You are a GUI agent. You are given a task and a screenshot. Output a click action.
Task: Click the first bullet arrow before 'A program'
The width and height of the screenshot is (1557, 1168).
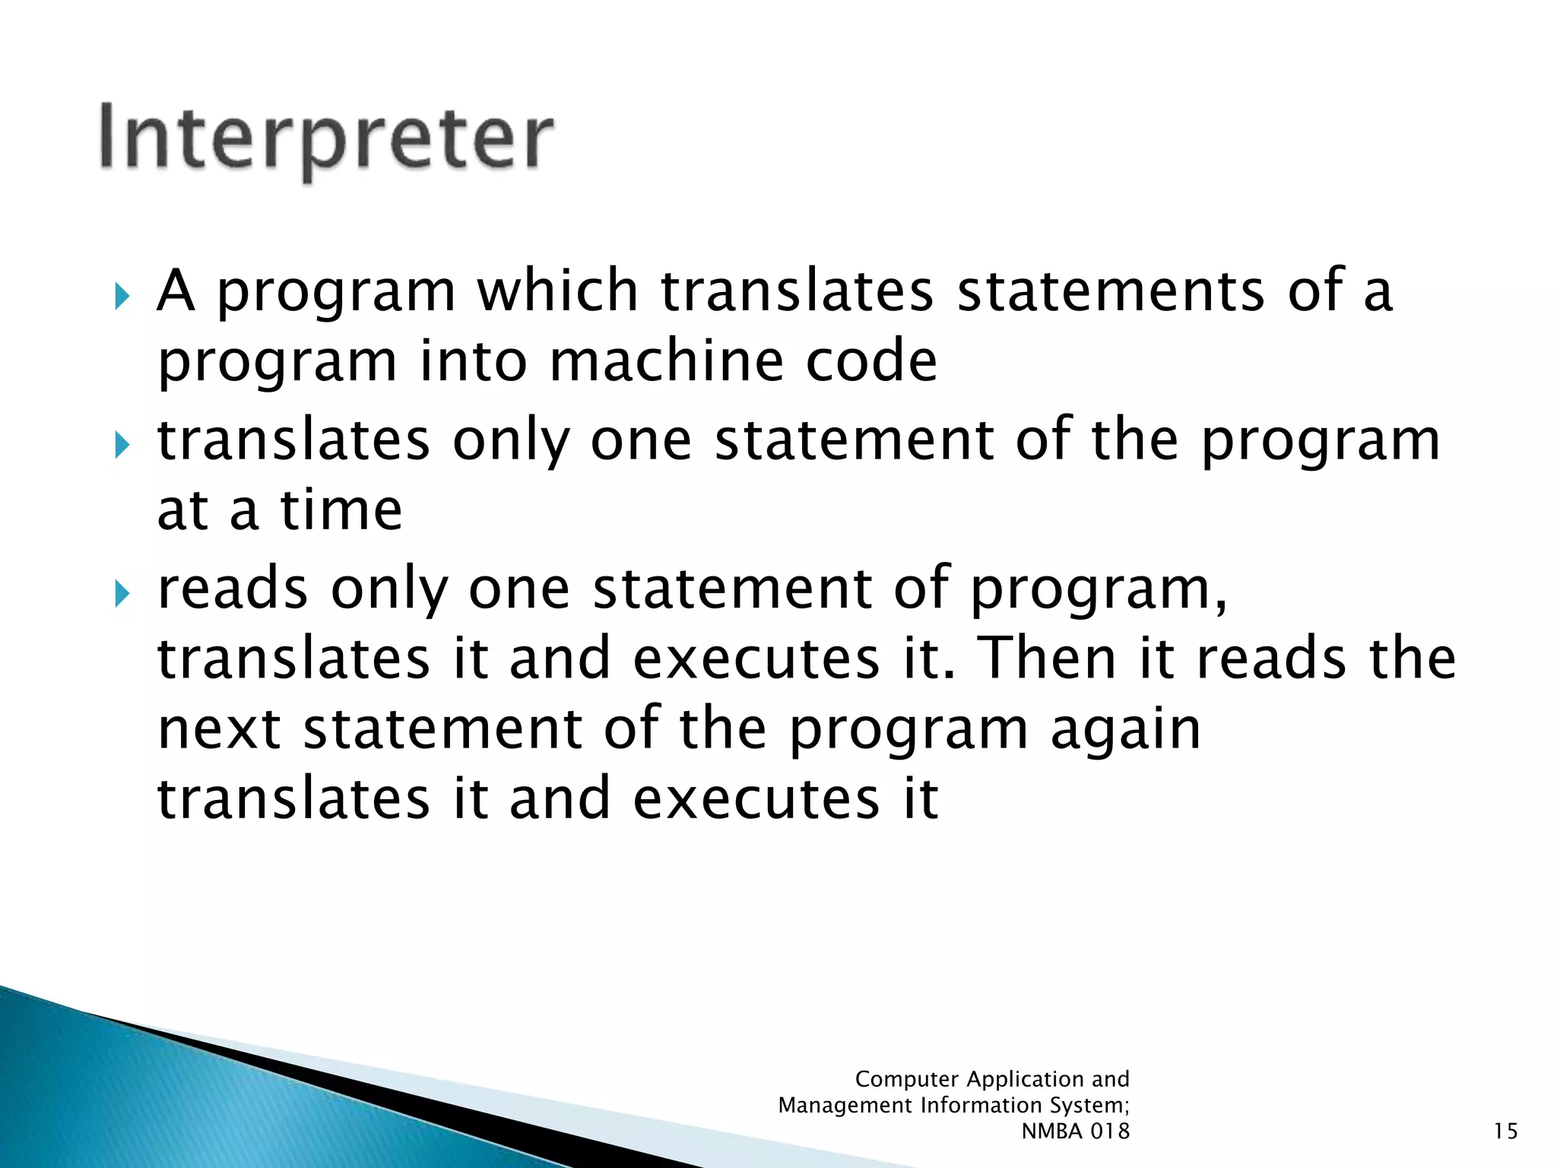tap(122, 297)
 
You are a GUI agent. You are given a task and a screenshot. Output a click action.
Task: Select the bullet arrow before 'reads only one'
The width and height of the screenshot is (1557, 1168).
tap(122, 594)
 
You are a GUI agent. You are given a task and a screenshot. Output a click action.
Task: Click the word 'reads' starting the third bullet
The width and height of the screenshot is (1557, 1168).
tap(233, 589)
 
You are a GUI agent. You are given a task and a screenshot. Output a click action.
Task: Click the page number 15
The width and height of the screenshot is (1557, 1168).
tap(1505, 1131)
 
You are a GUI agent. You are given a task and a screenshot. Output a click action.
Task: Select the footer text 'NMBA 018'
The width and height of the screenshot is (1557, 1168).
tap(1075, 1131)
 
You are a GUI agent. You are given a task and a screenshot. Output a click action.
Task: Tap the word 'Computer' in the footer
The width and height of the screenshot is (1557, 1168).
tap(906, 1079)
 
